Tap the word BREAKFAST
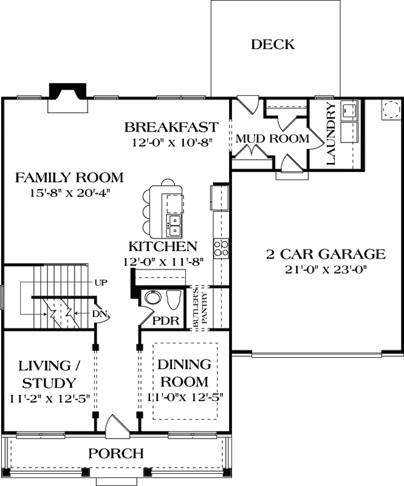[171, 128]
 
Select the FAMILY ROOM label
[69, 178]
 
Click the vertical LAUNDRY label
[331, 135]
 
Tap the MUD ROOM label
[272, 139]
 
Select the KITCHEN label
[162, 247]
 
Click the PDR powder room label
[165, 320]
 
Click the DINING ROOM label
[185, 374]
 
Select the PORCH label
[116, 453]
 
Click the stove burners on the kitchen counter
[221, 247]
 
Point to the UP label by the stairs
[101, 283]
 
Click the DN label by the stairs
[100, 313]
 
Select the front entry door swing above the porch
[117, 426]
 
